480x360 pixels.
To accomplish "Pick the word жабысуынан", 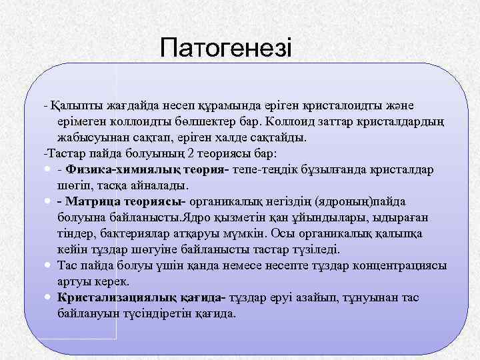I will point(89,137).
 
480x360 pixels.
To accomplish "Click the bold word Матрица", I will point(93,202).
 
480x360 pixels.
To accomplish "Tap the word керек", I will point(105,281).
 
